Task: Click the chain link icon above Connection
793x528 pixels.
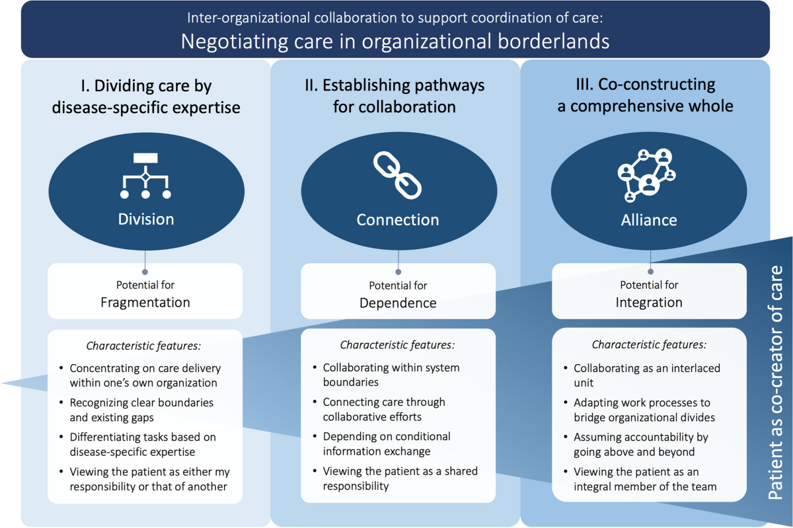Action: click(x=397, y=174)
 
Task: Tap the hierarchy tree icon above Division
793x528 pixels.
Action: click(x=145, y=175)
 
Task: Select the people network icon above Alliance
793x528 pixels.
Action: click(x=648, y=174)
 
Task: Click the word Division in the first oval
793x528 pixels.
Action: click(x=145, y=219)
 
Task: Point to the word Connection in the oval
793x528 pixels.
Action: click(x=398, y=220)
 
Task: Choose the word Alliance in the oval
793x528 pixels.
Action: click(x=649, y=220)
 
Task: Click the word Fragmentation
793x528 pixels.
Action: click(x=145, y=303)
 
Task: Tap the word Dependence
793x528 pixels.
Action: click(x=398, y=303)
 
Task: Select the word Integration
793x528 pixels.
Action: click(x=649, y=303)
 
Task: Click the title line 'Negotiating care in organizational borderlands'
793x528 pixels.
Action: click(x=395, y=41)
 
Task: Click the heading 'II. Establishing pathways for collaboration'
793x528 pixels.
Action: click(x=398, y=96)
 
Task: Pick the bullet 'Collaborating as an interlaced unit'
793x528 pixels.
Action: click(x=646, y=375)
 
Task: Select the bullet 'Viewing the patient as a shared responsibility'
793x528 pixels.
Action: click(x=400, y=478)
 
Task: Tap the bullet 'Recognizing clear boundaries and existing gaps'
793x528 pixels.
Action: click(x=141, y=410)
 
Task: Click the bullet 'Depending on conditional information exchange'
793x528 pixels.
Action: click(x=387, y=444)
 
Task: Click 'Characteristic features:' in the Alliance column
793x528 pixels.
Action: click(x=649, y=344)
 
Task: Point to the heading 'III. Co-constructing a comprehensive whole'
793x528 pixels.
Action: click(x=645, y=96)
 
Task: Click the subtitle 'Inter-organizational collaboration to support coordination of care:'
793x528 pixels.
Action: click(x=395, y=18)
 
